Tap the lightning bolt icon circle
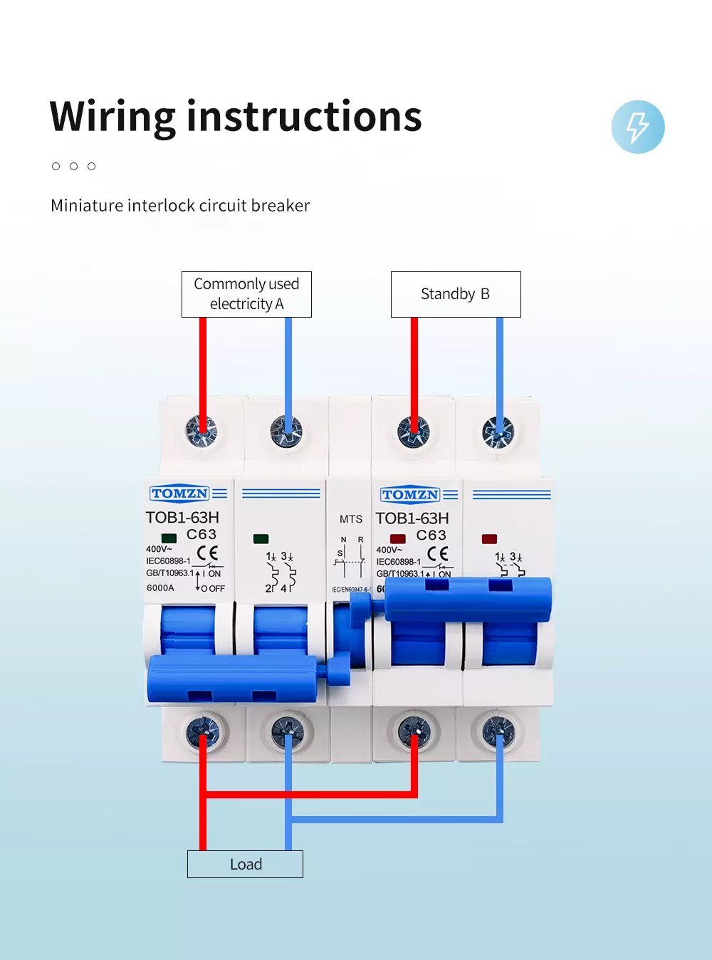pyautogui.click(x=637, y=127)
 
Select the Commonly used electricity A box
pyautogui.click(x=246, y=294)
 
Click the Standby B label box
pyautogui.click(x=456, y=294)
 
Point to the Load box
pyautogui.click(x=245, y=864)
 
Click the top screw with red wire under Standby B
pyautogui.click(x=414, y=432)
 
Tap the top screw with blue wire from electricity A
pyautogui.click(x=286, y=432)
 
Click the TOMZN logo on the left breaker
pyautogui.click(x=179, y=494)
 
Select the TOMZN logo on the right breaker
pyautogui.click(x=410, y=494)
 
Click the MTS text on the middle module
pyautogui.click(x=351, y=519)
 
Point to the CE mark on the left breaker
pyautogui.click(x=207, y=553)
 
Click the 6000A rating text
pyautogui.click(x=160, y=588)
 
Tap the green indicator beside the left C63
pyautogui.click(x=169, y=538)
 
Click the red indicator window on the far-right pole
pyautogui.click(x=489, y=539)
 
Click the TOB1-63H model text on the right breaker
pyautogui.click(x=412, y=518)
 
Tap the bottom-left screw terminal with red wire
pyautogui.click(x=203, y=732)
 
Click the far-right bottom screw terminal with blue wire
pyautogui.click(x=498, y=732)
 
